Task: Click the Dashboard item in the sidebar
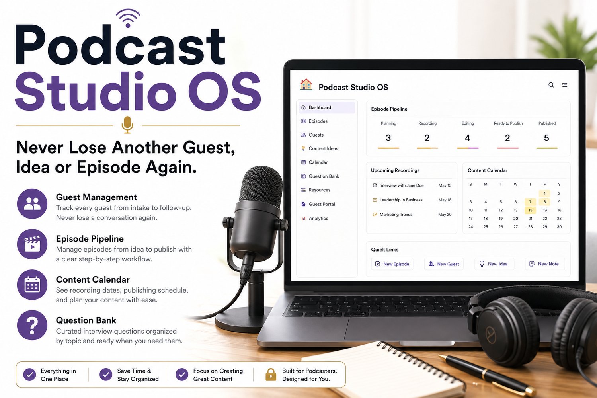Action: [327, 107]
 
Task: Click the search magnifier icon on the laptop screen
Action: [551, 85]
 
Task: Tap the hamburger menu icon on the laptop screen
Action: [564, 85]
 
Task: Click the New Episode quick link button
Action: [392, 264]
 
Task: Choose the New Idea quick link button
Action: [494, 264]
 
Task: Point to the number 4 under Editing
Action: [468, 138]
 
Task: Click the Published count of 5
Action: [546, 138]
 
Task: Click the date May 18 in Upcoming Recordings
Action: [445, 200]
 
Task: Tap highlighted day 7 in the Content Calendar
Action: [531, 202]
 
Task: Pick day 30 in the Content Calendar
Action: [559, 227]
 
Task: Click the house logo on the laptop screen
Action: [306, 85]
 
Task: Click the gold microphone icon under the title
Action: [127, 125]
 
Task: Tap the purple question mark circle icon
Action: [32, 325]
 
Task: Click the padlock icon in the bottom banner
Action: [271, 375]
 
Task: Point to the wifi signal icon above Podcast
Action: [128, 18]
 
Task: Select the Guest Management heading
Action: [96, 197]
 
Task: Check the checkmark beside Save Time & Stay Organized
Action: [106, 375]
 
